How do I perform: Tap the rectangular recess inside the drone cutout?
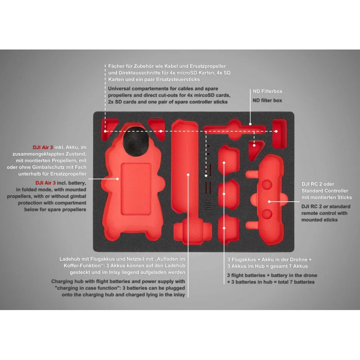click(x=136, y=189)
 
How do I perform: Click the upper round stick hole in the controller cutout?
click(x=267, y=184)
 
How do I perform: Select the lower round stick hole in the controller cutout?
click(x=267, y=214)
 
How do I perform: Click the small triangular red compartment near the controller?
click(x=255, y=149)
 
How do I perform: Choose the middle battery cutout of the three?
click(x=228, y=194)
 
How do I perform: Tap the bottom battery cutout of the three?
click(x=228, y=229)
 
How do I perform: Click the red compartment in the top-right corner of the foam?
click(x=279, y=133)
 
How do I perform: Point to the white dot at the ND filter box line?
click(x=250, y=124)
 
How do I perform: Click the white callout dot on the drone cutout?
click(x=117, y=179)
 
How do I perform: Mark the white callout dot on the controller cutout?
click(x=269, y=202)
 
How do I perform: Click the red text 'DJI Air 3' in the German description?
click(x=43, y=147)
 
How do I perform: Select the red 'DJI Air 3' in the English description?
click(x=45, y=183)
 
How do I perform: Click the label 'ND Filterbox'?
click(x=267, y=91)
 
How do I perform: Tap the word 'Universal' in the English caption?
click(x=119, y=88)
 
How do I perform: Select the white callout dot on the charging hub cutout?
click(x=188, y=175)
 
